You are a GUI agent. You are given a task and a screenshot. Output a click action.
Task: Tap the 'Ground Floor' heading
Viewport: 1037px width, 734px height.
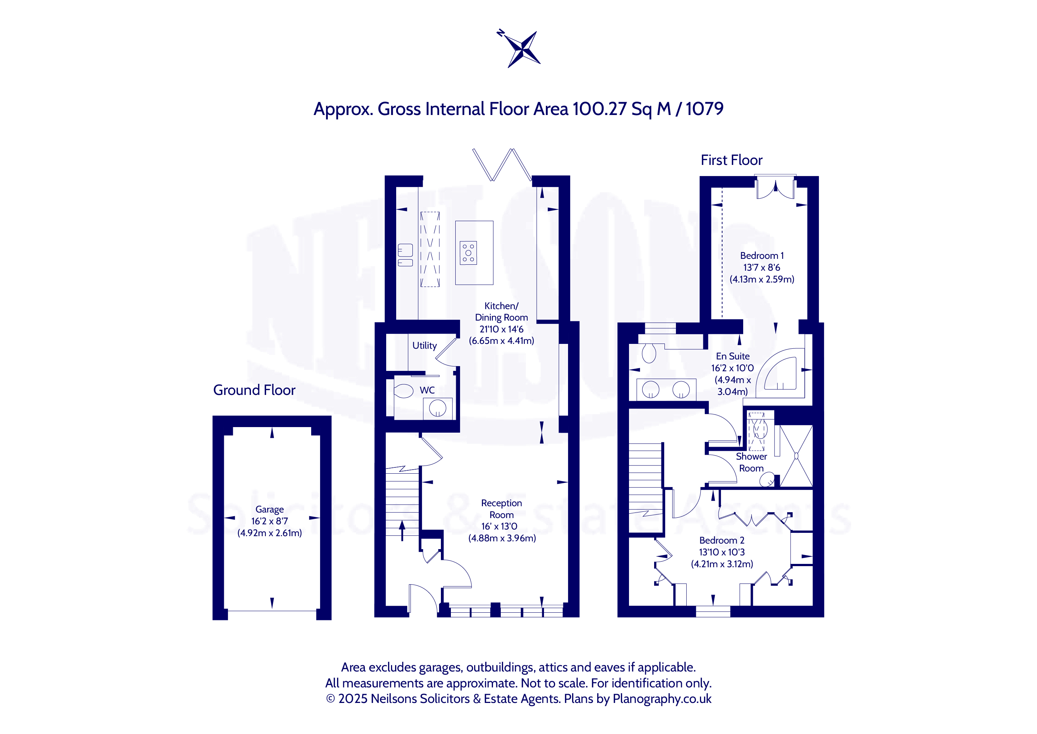click(x=254, y=390)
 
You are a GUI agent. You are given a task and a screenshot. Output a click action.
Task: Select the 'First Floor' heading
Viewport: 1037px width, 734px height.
click(x=731, y=160)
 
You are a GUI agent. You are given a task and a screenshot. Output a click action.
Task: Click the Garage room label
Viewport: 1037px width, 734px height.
click(x=270, y=510)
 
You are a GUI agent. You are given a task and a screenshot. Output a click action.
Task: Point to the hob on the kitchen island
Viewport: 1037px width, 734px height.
click(x=468, y=253)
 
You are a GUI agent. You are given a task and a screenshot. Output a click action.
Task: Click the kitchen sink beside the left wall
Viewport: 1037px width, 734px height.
click(x=405, y=256)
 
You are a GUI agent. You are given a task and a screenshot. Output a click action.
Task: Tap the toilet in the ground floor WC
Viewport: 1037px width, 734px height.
click(x=403, y=391)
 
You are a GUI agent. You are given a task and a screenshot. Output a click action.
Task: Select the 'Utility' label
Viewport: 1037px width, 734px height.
click(x=425, y=346)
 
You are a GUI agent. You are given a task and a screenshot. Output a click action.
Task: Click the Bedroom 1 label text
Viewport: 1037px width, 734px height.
click(x=762, y=256)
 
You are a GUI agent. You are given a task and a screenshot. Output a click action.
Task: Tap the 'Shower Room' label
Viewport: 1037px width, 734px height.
click(x=751, y=462)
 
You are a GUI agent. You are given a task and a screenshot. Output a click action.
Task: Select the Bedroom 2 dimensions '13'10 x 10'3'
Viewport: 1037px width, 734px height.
click(x=722, y=552)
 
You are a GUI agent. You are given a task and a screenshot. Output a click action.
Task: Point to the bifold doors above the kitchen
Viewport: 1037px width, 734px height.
click(x=502, y=165)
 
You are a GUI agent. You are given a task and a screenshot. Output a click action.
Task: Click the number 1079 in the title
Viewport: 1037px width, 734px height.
click(x=705, y=109)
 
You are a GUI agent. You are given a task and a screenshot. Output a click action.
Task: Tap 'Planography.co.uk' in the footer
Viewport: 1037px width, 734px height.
click(x=662, y=699)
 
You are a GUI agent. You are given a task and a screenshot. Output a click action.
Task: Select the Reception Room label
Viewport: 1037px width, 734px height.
click(x=501, y=509)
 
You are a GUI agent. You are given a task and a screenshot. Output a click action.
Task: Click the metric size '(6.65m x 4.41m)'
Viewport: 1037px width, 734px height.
click(x=501, y=341)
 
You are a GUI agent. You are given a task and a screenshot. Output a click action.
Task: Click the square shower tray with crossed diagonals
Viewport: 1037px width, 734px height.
click(x=796, y=456)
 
